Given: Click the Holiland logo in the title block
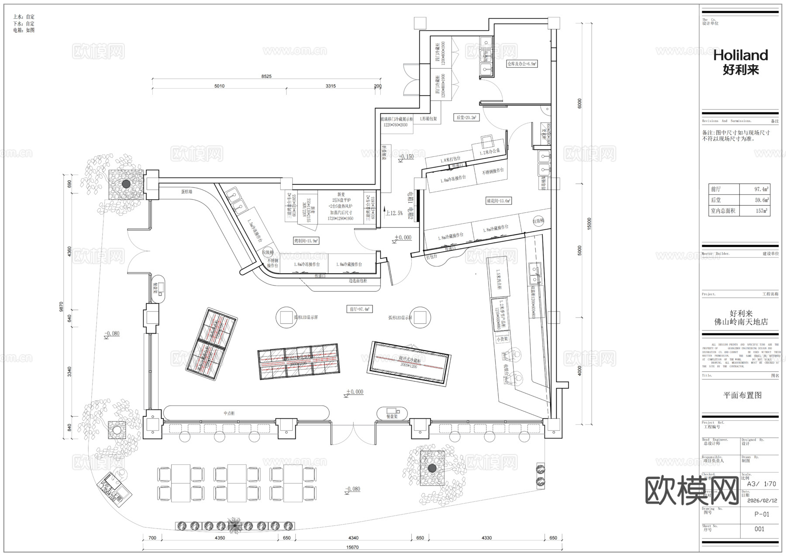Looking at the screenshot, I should [x=741, y=61].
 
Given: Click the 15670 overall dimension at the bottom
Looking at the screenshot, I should [x=352, y=547].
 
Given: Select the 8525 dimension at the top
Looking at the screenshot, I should [x=266, y=76].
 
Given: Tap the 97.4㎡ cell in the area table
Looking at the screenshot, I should [x=762, y=189].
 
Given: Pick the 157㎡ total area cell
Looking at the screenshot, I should [x=762, y=211].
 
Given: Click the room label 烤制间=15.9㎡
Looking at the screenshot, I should [x=306, y=241].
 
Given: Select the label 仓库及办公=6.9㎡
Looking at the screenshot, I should [x=522, y=64].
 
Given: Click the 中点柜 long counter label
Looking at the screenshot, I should [x=229, y=413].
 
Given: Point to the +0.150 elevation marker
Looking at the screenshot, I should [x=406, y=156].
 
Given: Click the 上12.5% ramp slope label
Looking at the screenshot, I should [x=394, y=213].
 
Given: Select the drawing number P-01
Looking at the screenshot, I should [x=762, y=514].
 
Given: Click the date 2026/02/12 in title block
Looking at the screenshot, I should [x=762, y=501].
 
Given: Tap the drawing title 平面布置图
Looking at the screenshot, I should [x=742, y=395].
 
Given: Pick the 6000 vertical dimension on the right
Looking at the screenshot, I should [x=579, y=104].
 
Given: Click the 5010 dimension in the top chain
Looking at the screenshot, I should [x=219, y=86].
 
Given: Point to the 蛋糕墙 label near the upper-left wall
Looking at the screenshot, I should [x=187, y=191].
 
